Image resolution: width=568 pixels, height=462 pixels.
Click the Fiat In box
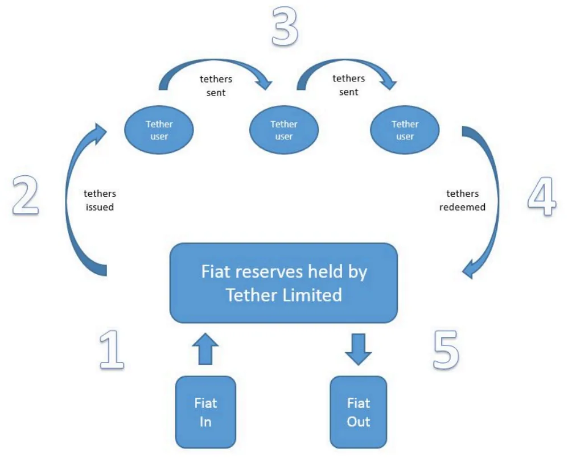205,412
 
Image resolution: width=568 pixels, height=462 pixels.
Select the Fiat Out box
359,412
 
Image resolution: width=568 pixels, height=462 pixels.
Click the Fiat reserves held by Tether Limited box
283,283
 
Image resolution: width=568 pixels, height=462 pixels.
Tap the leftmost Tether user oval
159,130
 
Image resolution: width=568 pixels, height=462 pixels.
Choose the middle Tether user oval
284,130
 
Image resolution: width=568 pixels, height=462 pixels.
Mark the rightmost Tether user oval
405,130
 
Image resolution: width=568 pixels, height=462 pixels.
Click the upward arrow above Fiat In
205,349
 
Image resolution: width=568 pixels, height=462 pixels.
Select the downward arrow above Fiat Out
359,349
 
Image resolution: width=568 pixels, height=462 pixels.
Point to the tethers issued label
100,200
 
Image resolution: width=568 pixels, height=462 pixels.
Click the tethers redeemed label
462,200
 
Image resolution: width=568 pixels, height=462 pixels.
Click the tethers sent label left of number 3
216,85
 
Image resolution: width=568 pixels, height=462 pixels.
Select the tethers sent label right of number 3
348,85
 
